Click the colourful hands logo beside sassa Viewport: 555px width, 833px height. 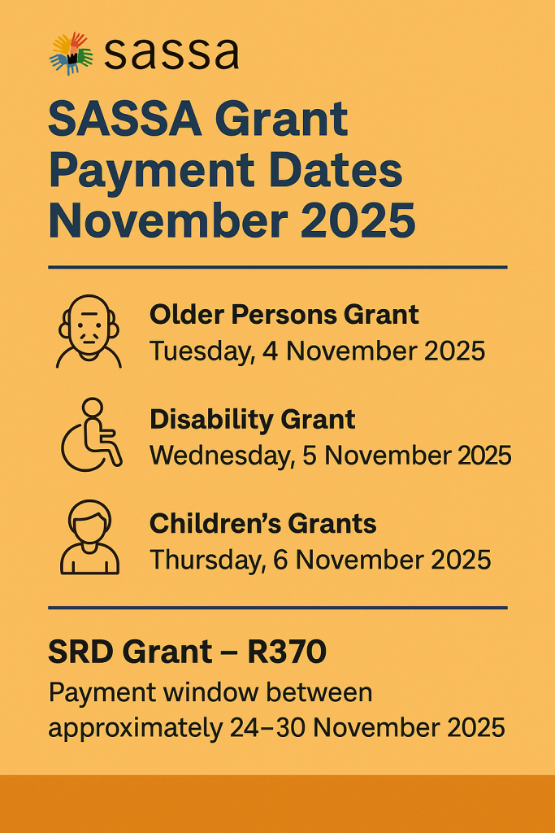tap(72, 54)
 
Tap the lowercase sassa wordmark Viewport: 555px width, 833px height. tap(171, 54)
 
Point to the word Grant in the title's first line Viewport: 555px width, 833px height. tap(281, 119)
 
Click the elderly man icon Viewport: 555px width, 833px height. tap(89, 332)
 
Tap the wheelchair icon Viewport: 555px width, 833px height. tap(92, 434)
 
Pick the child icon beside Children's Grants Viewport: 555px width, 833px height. tap(89, 537)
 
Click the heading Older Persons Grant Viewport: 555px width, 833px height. tap(284, 315)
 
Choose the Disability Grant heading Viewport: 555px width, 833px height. tap(252, 420)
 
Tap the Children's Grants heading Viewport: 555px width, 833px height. tap(262, 524)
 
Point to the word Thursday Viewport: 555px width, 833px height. tap(208, 560)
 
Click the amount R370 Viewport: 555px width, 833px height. tap(287, 652)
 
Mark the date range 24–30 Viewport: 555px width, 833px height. tap(267, 728)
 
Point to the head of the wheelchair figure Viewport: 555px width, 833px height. tap(93, 407)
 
